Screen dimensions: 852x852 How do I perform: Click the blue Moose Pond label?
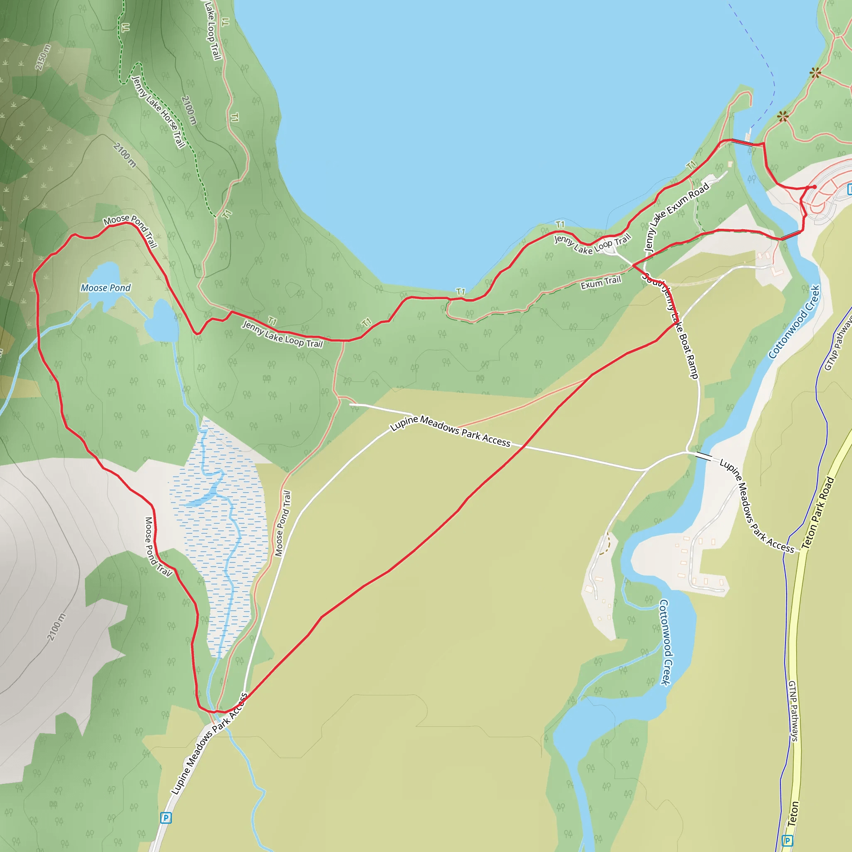coord(106,288)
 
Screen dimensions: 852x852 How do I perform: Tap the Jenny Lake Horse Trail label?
coord(159,112)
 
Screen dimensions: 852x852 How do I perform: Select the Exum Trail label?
coord(600,282)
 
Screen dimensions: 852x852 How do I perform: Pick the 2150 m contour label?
coord(43,57)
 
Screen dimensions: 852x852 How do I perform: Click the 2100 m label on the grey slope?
coord(56,627)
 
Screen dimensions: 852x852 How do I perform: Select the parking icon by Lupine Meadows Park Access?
coord(166,818)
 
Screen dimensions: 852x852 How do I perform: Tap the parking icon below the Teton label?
coord(787,840)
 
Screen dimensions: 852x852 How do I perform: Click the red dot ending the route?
coord(815,187)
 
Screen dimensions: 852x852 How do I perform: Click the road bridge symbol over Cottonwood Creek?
coord(704,456)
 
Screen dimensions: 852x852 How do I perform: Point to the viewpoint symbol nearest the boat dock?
coord(783,116)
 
